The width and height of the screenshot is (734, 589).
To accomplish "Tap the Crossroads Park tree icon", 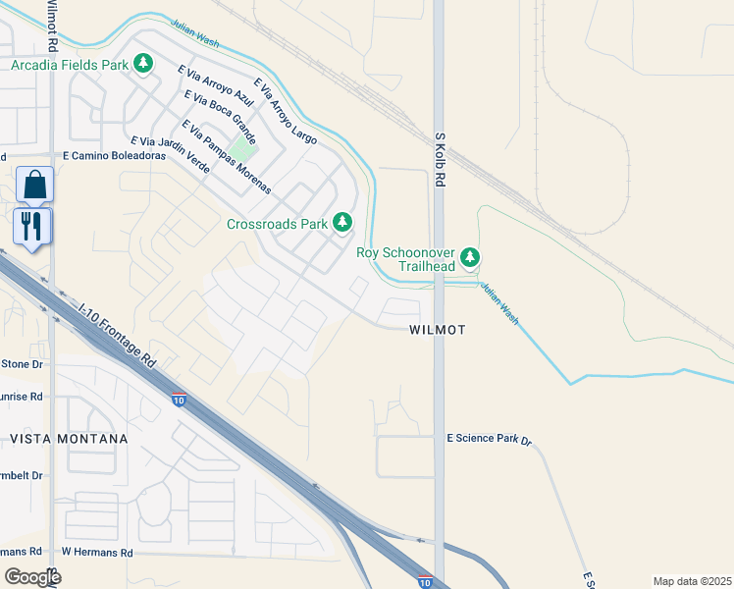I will click(342, 223).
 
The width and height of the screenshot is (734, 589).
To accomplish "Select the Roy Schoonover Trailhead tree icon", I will click(471, 257).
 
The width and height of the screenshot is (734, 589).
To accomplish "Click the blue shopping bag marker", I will click(34, 185).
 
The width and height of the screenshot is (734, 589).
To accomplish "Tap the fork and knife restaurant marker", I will click(32, 227).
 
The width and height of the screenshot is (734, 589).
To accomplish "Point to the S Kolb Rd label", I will click(441, 161).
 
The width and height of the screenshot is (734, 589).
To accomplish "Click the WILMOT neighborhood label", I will click(437, 331).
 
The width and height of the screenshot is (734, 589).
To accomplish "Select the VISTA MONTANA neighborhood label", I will click(69, 439).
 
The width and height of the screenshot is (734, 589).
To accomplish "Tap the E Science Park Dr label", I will click(489, 439).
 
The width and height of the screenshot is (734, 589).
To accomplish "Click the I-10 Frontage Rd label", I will click(118, 335).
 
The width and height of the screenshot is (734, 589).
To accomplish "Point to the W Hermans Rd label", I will click(96, 553).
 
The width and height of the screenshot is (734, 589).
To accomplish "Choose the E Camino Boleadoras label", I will click(110, 156).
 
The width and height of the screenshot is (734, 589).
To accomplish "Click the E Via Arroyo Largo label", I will click(286, 112).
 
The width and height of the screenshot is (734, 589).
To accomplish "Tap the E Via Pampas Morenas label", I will click(225, 156).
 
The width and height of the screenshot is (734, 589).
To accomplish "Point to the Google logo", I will click(32, 577).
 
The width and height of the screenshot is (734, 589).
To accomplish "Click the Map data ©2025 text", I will click(692, 581).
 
